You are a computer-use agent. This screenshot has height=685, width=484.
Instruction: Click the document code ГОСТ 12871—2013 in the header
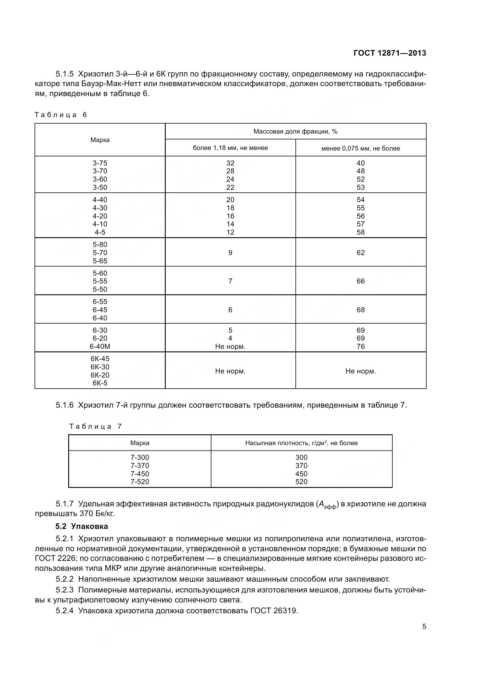[x=389, y=53]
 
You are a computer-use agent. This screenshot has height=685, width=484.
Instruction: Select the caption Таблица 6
[x=61, y=115]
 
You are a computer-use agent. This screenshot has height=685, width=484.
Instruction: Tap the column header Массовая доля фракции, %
[x=295, y=131]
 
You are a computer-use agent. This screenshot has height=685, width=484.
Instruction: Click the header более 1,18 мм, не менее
[x=230, y=148]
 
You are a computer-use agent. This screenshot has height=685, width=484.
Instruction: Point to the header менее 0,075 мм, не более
[x=360, y=148]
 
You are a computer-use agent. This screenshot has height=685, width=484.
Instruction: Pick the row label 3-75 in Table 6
[x=100, y=163]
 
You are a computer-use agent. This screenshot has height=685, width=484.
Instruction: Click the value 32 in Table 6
[x=230, y=163]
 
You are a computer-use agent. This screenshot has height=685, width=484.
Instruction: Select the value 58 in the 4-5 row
[x=360, y=232]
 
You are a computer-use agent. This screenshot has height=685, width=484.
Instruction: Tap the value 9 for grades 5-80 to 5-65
[x=230, y=253]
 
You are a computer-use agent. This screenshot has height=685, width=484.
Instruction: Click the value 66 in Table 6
[x=360, y=281]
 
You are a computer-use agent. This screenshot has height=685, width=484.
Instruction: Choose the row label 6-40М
[x=100, y=346]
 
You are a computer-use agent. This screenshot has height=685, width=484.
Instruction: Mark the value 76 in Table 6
[x=360, y=346]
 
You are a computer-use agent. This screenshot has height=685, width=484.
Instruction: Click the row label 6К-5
[x=100, y=383]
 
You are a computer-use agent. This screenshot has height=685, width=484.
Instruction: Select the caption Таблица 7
[x=95, y=426]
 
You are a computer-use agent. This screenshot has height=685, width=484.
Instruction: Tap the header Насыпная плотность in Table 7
[x=301, y=443]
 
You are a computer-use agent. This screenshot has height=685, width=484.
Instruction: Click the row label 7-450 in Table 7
[x=140, y=474]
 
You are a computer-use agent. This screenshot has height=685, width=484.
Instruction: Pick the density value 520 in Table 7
[x=301, y=482]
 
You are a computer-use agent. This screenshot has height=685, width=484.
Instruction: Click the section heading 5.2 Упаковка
[x=82, y=526]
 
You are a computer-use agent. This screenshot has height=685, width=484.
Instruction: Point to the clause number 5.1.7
[x=64, y=504]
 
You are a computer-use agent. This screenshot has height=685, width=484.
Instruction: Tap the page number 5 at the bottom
[x=424, y=626]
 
